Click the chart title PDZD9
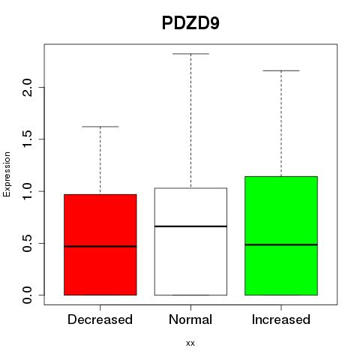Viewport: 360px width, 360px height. pos(190,23)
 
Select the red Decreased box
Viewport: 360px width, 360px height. pos(100,244)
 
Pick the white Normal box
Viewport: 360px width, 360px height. pos(190,241)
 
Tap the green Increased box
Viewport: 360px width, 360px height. pos(281,235)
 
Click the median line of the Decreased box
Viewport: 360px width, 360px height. pos(100,247)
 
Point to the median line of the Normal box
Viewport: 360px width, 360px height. pos(190,226)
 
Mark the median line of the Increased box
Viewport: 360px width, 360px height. pos(281,244)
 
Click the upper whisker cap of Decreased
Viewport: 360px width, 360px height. pos(100,127)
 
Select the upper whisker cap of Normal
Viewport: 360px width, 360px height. pos(190,53)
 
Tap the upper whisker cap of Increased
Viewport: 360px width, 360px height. pos(281,70)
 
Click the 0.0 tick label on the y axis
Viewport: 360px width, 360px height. pos(27,295)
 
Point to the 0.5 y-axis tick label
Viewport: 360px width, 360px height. pos(27,243)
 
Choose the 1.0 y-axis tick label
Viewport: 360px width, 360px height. pos(27,191)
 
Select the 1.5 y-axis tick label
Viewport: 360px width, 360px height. pos(27,139)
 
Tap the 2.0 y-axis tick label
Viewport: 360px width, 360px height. pos(27,87)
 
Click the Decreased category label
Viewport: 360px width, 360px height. pos(100,319)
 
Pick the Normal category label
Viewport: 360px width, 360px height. pos(190,319)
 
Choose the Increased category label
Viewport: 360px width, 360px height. pos(281,319)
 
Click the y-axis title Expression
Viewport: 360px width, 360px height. pos(7,175)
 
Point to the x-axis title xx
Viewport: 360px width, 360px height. pos(190,343)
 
